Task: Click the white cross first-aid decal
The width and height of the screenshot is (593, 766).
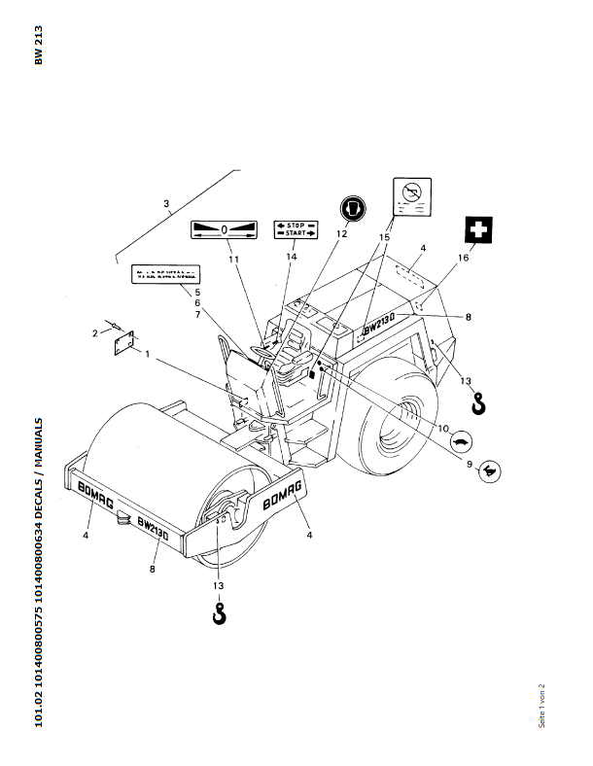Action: [x=477, y=231]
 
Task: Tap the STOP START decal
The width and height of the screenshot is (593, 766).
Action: [x=296, y=229]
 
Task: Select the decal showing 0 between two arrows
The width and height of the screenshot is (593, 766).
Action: [x=223, y=229]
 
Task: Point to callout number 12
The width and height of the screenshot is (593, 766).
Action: [x=341, y=234]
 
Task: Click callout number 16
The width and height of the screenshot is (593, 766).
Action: [x=463, y=259]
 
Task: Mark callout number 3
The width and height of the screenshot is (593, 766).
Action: [x=166, y=204]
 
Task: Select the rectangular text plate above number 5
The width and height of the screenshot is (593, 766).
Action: [x=164, y=273]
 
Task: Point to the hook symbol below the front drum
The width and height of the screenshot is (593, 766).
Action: [x=220, y=614]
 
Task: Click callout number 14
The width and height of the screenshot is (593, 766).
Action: [x=291, y=258]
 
